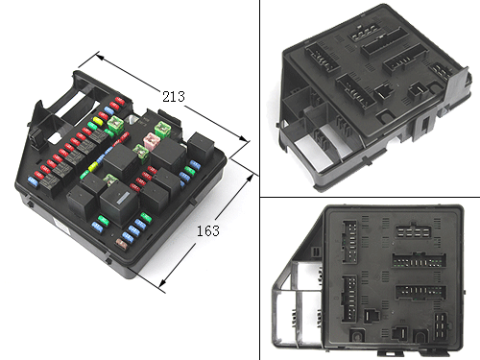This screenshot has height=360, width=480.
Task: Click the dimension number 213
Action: [174, 96]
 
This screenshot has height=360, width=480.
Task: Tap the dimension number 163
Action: [208, 230]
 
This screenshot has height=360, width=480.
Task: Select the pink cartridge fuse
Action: [152, 140]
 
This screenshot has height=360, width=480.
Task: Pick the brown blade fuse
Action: [122, 245]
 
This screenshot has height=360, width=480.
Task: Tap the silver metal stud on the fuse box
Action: [132, 119]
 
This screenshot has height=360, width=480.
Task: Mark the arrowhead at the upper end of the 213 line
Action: [100, 57]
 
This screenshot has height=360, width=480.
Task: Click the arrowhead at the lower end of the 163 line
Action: [163, 283]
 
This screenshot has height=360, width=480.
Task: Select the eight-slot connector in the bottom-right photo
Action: [413, 230]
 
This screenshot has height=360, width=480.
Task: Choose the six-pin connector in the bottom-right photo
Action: [441, 325]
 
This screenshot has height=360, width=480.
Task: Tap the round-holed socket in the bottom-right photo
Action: [357, 336]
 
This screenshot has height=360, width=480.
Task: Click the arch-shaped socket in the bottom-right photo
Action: [420, 336]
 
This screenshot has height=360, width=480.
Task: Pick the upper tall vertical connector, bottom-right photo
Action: [349, 242]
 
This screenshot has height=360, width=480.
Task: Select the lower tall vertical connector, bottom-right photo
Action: [349, 299]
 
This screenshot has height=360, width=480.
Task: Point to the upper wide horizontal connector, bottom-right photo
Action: [420, 260]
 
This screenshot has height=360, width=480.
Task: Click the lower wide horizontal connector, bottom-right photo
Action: [420, 291]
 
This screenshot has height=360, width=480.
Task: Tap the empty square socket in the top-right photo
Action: [383, 92]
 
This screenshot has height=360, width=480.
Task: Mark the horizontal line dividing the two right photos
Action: [370, 197]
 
